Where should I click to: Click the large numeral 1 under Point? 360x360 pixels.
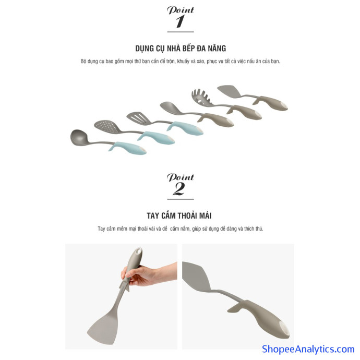coord(180,21)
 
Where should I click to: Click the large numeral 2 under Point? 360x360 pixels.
coord(179,189)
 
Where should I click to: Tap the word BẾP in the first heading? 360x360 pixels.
coord(188,48)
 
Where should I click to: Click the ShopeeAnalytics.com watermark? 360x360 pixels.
coord(308,349)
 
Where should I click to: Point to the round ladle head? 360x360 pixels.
coord(78,138)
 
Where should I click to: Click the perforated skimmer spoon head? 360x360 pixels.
coord(107,126)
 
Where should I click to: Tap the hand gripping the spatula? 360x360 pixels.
coord(147,275)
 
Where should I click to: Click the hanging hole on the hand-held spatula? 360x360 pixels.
coord(138,251)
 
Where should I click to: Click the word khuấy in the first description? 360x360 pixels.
coord(183,61)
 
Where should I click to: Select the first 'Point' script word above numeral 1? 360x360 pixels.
coord(181,10)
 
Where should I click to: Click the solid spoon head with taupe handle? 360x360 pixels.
coord(170,107)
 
